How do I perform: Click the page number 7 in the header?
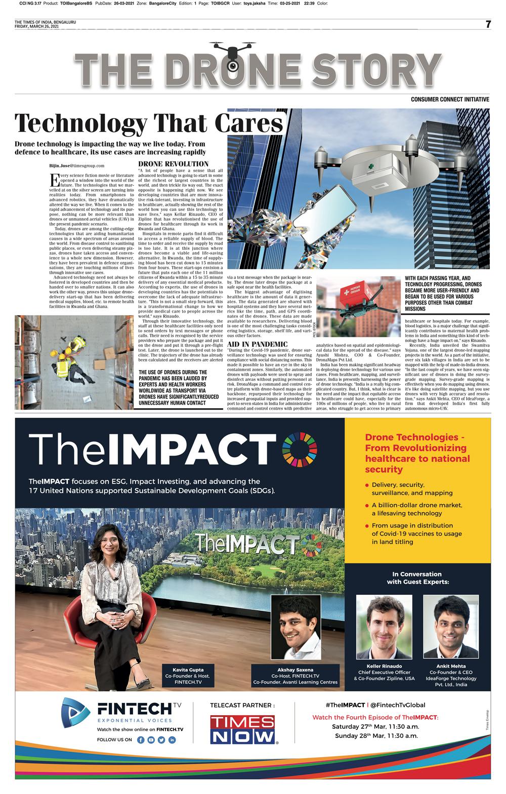(488, 24)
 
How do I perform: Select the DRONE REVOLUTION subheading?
(173, 164)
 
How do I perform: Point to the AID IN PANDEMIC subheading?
(258, 344)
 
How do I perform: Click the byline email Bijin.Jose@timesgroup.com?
(76, 166)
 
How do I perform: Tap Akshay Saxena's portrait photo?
(296, 627)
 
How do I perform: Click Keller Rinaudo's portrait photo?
(384, 626)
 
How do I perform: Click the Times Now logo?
(243, 729)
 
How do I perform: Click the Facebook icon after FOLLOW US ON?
(141, 739)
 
